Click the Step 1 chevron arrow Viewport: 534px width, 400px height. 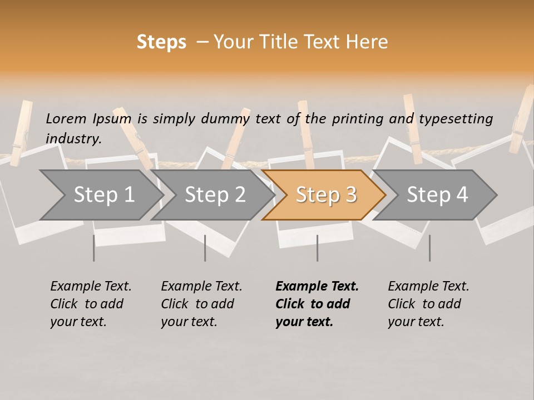point(103,195)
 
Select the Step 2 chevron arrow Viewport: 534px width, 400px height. point(215,195)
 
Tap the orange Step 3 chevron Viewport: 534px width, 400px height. point(325,195)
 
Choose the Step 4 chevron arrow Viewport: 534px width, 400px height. point(437,195)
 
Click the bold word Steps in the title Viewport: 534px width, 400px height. point(161,42)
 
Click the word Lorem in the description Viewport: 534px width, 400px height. point(66,118)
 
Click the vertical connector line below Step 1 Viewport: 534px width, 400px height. point(94,248)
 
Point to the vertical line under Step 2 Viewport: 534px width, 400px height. point(205,248)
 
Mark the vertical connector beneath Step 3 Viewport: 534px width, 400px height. point(317,248)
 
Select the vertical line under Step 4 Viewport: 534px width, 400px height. point(429,248)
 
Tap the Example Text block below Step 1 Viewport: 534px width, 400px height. point(91,304)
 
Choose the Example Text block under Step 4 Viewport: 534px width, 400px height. point(428,304)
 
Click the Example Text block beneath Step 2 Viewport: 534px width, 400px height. point(201,304)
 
